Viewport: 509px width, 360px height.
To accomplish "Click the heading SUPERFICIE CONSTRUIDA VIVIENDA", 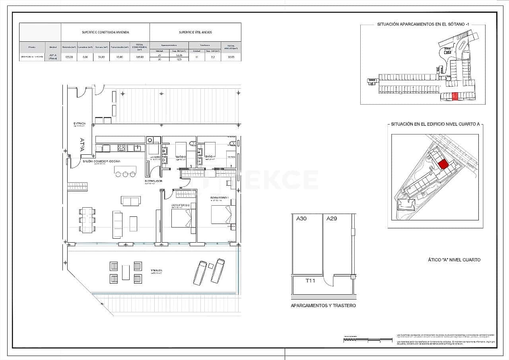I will pyautogui.click(x=105, y=32).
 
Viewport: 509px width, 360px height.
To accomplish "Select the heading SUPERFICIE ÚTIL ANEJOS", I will pyautogui.click(x=195, y=32).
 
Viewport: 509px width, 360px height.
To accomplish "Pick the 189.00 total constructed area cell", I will pyautogui.click(x=140, y=57).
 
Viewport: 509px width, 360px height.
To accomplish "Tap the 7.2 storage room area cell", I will pyautogui.click(x=213, y=57).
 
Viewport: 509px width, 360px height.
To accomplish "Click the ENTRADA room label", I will pyautogui.click(x=80, y=124).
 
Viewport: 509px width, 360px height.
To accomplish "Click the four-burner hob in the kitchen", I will pyautogui.click(x=121, y=148).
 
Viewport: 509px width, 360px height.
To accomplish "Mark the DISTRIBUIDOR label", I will pyautogui.click(x=153, y=181).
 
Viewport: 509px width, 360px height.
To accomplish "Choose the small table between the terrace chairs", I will pyautogui.click(x=126, y=272).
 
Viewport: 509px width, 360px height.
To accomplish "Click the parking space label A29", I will pyautogui.click(x=332, y=218).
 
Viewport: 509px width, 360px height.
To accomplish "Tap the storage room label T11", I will pyautogui.click(x=310, y=281).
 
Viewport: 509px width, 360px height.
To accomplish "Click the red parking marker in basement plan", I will pyautogui.click(x=455, y=96).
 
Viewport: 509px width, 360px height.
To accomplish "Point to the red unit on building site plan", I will pyautogui.click(x=443, y=164).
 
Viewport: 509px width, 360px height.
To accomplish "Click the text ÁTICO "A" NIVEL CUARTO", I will pyautogui.click(x=454, y=260).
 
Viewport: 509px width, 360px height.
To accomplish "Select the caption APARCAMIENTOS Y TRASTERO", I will pyautogui.click(x=323, y=306).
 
